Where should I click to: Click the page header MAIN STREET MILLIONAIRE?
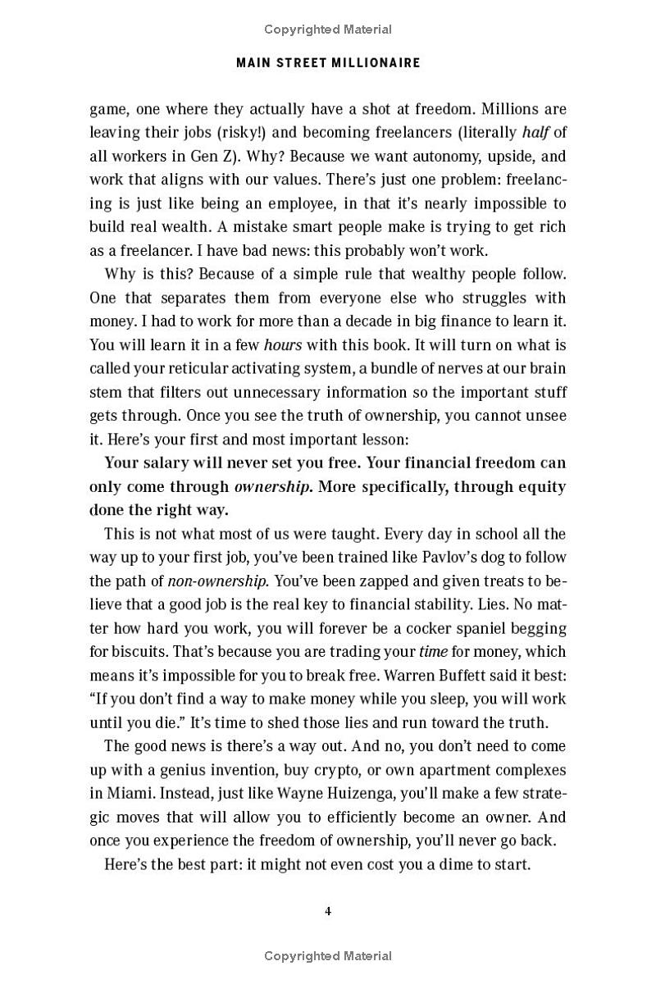[x=328, y=62]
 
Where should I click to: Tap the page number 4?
[x=328, y=911]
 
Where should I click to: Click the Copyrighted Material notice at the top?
[x=328, y=30]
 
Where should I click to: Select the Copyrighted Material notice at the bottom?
[x=328, y=955]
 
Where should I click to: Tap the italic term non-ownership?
[x=216, y=581]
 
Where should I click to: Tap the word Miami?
[x=131, y=794]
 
